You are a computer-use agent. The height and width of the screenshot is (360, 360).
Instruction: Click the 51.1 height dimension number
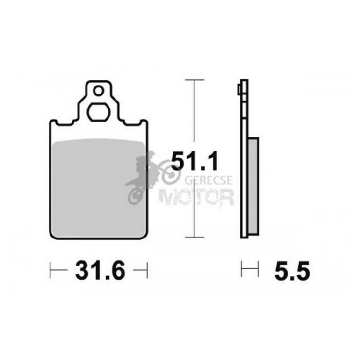(194, 161)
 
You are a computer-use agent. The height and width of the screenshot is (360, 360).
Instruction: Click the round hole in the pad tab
(99, 91)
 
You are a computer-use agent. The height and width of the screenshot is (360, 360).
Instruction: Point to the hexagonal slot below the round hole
(99, 113)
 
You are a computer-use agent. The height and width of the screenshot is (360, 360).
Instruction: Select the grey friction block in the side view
(253, 186)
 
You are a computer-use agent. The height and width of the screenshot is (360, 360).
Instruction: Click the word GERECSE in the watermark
(209, 180)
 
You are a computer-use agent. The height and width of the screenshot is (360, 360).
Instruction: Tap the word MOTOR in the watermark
(197, 197)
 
